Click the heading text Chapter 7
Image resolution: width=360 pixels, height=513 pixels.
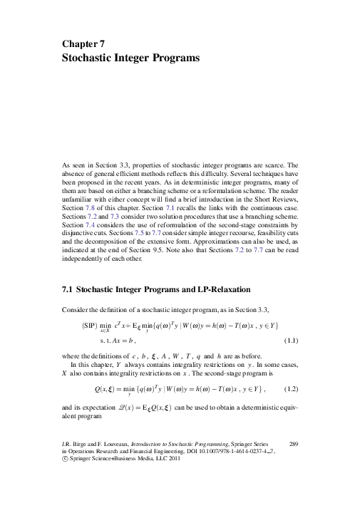tap(83, 43)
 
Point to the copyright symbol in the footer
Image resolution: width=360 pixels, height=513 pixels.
tap(66, 462)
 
